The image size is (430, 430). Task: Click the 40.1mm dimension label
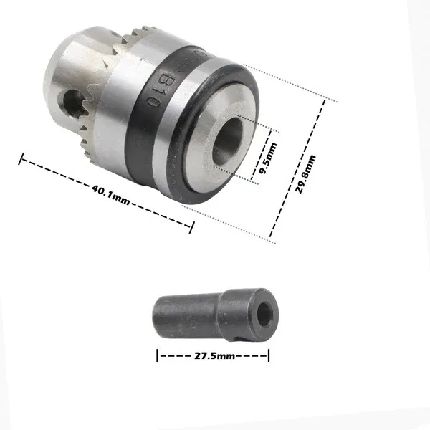110,195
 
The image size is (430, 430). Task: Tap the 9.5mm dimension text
268,158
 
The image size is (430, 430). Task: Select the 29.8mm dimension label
306,174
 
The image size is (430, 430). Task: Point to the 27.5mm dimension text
214,356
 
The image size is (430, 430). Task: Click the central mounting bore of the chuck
228,141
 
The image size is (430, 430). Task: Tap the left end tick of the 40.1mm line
21,159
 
